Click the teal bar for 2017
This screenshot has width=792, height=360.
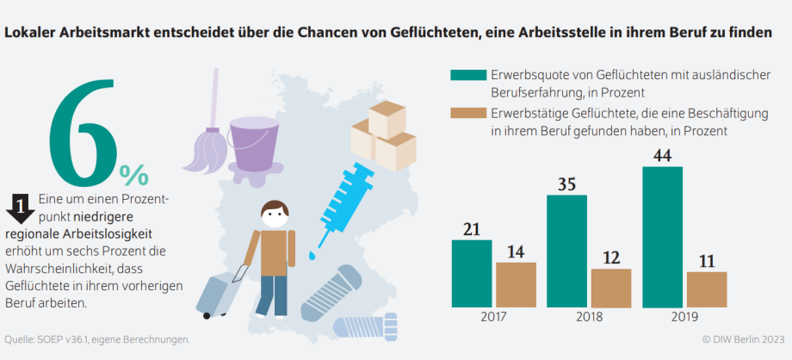click(x=471, y=273)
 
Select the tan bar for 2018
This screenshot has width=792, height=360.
click(x=610, y=288)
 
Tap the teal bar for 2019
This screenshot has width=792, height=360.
click(x=662, y=237)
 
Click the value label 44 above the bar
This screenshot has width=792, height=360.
click(x=662, y=155)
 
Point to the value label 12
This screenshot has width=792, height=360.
click(x=610, y=258)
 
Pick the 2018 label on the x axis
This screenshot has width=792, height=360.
click(x=589, y=317)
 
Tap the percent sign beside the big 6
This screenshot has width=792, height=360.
click(x=133, y=175)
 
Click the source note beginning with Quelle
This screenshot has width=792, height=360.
click(x=96, y=339)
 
